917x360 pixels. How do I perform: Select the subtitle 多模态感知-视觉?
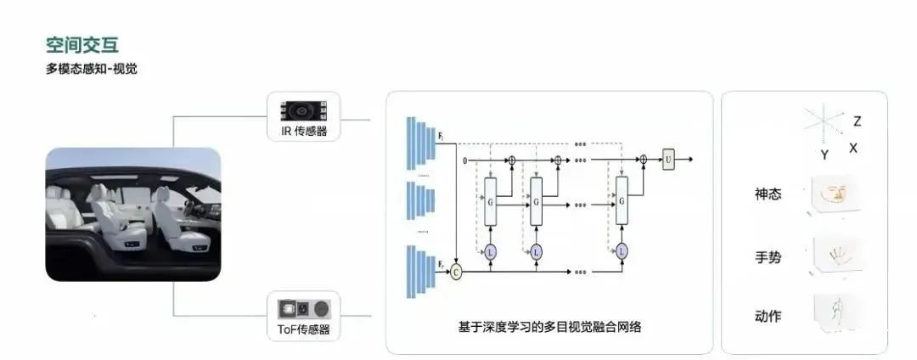pos(92,69)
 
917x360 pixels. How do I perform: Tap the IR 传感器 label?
pos(303,131)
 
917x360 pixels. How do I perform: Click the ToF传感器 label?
pos(303,329)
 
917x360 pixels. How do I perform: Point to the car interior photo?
pos(133,214)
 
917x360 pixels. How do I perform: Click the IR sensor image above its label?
pos(303,110)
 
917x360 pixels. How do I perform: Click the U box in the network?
pos(668,159)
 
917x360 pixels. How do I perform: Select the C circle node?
pos(457,272)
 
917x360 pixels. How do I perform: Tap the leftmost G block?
pos(491,201)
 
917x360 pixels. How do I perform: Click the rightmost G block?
pos(622,201)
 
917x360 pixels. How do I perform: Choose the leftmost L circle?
pos(491,251)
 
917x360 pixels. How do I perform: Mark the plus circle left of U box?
pos(643,159)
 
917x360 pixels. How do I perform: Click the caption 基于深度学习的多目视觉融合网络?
pos(549,327)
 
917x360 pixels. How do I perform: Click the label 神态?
pos(768,194)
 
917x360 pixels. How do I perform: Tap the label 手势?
pos(768,256)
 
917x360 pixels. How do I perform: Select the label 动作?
pos(768,316)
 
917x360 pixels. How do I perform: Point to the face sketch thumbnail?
pos(831,192)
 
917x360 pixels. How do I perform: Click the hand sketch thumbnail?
pos(832,252)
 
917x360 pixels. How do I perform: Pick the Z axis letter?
pos(857,121)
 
